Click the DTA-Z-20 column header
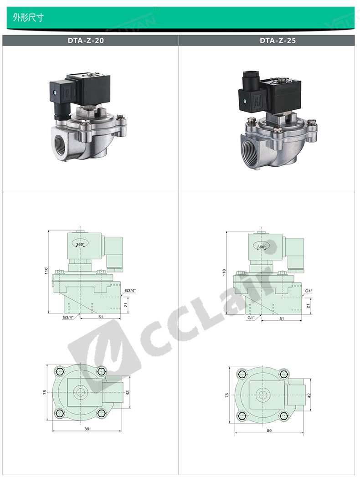pos(86,41)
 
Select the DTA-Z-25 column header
pos(278,41)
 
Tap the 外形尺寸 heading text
pos(28,17)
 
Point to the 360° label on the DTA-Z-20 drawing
pos(80,244)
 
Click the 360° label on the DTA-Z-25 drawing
pos(261,247)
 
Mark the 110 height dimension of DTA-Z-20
pos(46,271)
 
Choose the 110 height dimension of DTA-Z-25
pos(224,272)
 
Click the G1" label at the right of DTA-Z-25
pos(309,291)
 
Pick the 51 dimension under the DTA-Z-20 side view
pos(101,316)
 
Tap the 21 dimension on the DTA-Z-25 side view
pos(308,306)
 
